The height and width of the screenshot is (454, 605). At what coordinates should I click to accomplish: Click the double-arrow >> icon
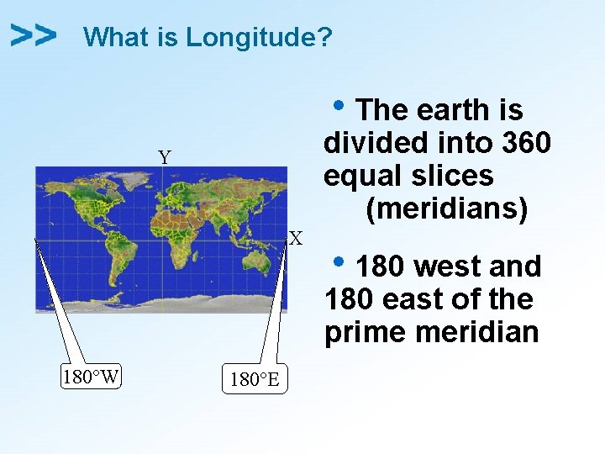point(34,35)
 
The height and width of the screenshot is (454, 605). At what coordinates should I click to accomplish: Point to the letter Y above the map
point(165,157)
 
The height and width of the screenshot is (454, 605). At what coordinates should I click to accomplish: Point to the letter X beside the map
point(296,239)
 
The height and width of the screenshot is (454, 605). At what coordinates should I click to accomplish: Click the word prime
point(366,332)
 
